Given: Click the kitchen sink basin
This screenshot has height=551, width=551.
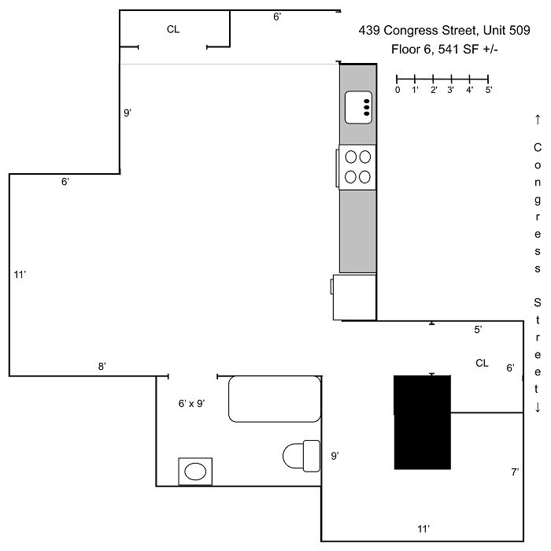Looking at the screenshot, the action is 358,108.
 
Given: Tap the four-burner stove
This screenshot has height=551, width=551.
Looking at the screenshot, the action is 357,167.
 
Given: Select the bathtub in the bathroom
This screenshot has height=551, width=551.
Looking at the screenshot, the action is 275,399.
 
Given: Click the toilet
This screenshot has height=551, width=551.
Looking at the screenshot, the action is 301,456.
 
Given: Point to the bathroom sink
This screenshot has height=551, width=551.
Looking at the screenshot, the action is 195,471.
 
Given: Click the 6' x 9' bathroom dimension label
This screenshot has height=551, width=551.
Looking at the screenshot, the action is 191,403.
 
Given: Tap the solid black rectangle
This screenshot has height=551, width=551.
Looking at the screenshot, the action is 422,423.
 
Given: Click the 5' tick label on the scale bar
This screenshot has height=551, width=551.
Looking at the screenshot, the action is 489,90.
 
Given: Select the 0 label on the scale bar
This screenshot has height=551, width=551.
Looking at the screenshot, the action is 398,90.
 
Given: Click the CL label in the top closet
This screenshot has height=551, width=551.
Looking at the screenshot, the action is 173,29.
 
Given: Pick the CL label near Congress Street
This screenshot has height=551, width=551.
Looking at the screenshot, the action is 482,363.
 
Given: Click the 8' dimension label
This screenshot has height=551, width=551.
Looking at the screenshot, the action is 102,367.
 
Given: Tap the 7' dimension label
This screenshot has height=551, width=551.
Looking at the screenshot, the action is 515,472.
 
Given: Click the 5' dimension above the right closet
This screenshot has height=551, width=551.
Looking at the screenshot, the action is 478,330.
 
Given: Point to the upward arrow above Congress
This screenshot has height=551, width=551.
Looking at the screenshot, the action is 538,120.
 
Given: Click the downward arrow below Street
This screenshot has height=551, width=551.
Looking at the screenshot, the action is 538,407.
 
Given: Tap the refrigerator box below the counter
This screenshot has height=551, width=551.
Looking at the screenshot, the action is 354,298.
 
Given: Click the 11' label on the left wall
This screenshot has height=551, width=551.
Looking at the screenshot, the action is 20,275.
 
